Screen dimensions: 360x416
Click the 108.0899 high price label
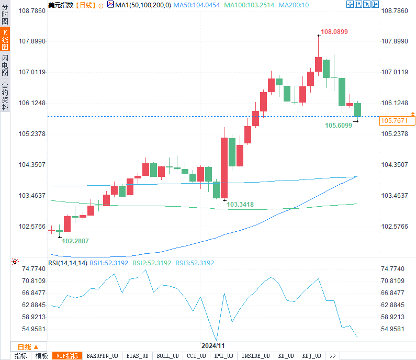pos(334,32)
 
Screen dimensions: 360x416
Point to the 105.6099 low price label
pos(339,126)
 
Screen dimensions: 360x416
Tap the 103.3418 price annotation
pos(240,205)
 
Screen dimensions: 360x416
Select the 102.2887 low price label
pos(75,241)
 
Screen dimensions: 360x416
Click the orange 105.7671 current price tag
pos(397,121)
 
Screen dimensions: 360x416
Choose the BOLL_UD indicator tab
pos(167,356)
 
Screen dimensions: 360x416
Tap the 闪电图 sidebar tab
pos(5,65)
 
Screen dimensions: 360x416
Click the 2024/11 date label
pos(213,346)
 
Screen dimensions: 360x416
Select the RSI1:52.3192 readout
pos(109,263)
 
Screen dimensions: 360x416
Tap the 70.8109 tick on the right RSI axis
pos(393,281)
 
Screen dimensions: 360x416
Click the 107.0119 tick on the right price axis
pos(393,72)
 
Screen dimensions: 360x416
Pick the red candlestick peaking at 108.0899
pos(318,64)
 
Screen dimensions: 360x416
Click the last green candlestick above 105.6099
pos(357,109)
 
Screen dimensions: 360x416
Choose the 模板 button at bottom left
pos(42,356)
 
